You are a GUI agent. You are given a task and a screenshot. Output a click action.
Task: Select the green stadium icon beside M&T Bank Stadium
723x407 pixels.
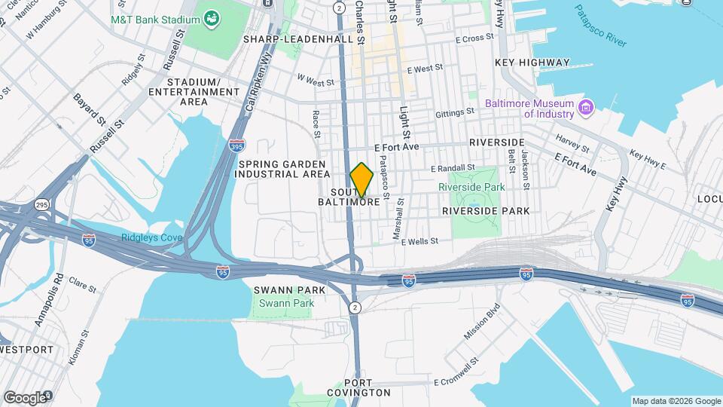(212, 17)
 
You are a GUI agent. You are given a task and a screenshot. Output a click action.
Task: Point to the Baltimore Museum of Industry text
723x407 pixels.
(529, 109)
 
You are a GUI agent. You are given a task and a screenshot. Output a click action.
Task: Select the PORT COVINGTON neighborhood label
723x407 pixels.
(358, 392)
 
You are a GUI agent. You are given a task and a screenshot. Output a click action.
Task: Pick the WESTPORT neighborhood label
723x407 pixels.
(26, 350)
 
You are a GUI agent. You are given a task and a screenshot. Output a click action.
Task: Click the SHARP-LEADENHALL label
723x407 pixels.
(299, 38)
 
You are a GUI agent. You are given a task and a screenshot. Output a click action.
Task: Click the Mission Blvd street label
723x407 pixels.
(481, 321)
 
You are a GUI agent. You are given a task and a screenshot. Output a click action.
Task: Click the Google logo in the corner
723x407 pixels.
(26, 397)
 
